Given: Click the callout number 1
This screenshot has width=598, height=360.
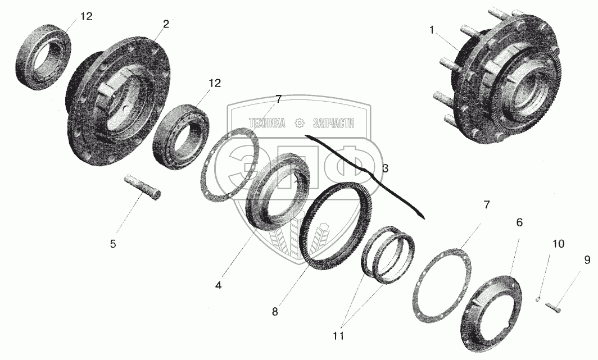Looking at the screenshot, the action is (x=431, y=30).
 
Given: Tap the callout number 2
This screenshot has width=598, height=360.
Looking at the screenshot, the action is (x=165, y=24).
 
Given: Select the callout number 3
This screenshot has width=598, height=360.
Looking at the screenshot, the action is (x=385, y=168).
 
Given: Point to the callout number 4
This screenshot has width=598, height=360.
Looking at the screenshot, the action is (x=218, y=285).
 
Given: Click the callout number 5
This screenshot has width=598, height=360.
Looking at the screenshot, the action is (x=113, y=244).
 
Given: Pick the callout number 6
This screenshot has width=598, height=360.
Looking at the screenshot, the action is (x=519, y=222).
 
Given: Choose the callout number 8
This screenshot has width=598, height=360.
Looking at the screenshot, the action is (x=275, y=311).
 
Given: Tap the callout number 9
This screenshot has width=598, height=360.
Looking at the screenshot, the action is (x=587, y=260).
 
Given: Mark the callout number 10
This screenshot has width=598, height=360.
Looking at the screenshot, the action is (x=558, y=243).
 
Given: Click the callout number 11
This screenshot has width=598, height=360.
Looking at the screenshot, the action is (x=338, y=336).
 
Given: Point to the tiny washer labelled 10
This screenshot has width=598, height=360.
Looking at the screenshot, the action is (x=537, y=299).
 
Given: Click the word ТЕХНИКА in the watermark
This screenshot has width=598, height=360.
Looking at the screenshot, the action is (x=267, y=123).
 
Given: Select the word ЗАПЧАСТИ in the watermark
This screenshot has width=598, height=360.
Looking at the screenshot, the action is (x=333, y=123).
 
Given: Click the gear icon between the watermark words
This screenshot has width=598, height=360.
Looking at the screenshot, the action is (x=300, y=122).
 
